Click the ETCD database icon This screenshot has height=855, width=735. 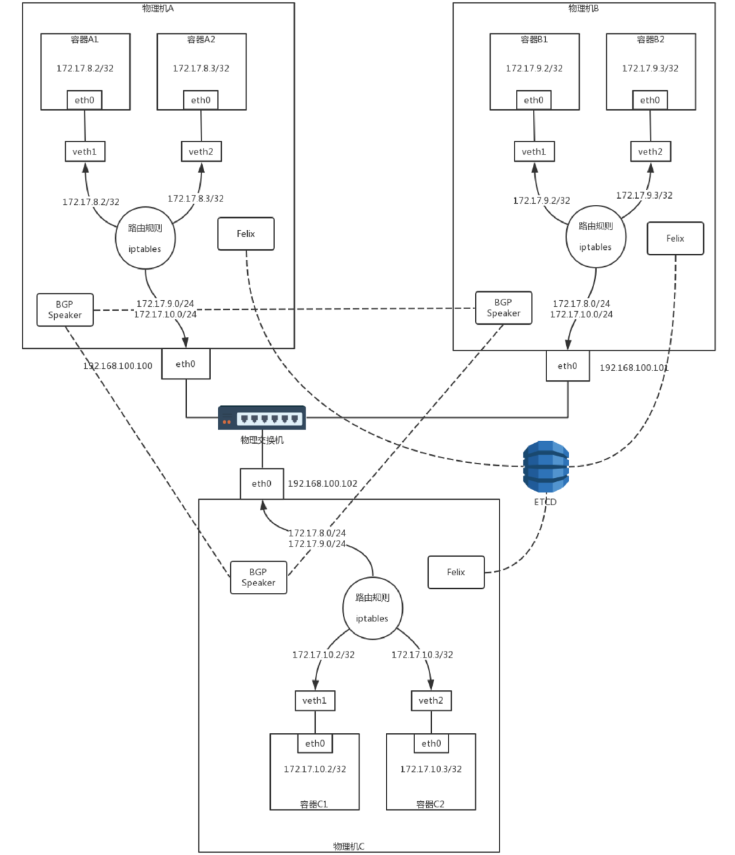[546, 467]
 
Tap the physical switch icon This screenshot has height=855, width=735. [262, 417]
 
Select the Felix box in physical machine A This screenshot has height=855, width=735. [246, 234]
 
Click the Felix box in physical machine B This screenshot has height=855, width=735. [675, 238]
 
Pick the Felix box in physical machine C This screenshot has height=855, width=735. [456, 572]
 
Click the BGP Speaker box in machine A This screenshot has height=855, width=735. [65, 310]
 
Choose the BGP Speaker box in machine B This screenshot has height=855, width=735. [504, 308]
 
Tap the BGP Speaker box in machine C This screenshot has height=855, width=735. [259, 577]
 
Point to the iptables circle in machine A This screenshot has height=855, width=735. [145, 238]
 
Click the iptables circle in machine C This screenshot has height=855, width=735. [372, 608]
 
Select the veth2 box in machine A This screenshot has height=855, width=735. [201, 152]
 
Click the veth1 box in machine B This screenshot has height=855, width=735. [534, 152]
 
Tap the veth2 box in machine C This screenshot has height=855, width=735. [431, 700]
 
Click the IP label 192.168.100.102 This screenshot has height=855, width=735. [323, 483]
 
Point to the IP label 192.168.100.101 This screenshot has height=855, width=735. [634, 368]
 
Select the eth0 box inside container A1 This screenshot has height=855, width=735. [85, 100]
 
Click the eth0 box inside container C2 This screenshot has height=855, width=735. [431, 743]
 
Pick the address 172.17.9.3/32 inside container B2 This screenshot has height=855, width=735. [650, 68]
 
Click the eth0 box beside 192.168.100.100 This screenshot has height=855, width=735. [186, 364]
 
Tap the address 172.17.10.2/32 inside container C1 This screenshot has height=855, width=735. [314, 769]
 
